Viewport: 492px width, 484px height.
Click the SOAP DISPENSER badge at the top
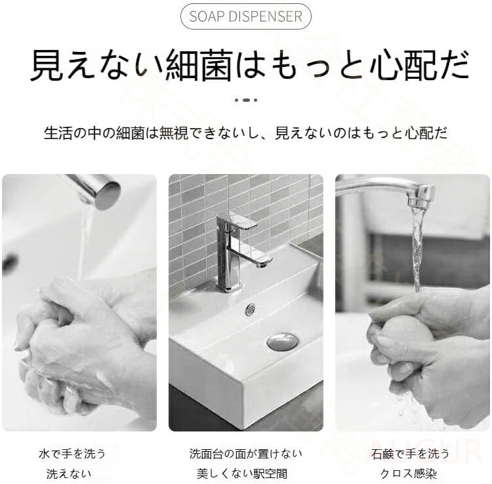click(246, 16)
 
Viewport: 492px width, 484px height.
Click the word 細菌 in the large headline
click(199, 65)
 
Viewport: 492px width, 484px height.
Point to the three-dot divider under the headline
click(246, 100)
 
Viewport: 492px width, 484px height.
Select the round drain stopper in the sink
click(283, 341)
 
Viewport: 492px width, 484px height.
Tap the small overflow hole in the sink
click(250, 309)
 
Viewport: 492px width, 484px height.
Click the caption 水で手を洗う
click(72, 454)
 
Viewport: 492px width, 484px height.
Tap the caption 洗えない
click(69, 473)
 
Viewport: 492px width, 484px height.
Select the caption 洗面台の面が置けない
click(246, 454)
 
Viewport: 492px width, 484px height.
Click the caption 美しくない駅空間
click(242, 473)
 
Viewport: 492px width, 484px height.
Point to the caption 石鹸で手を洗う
click(411, 454)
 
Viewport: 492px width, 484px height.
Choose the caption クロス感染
click(409, 473)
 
